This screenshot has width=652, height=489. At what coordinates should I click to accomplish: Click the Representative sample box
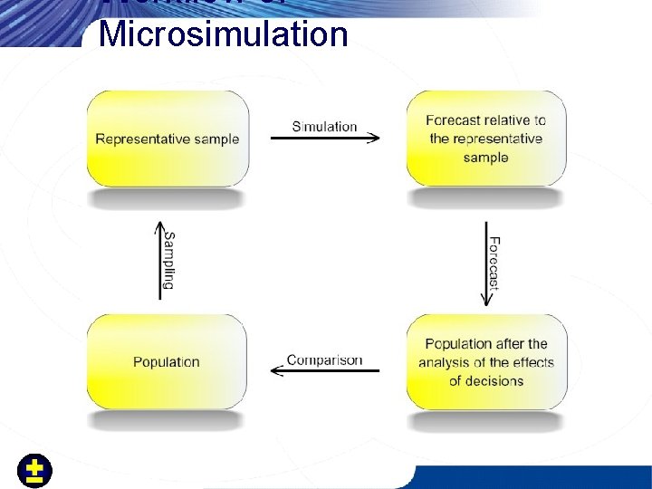tap(168, 139)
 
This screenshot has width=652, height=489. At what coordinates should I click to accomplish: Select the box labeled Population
tap(167, 362)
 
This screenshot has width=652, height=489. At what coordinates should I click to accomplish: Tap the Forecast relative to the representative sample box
tap(486, 139)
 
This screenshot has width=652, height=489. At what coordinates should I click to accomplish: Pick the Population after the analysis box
tap(486, 362)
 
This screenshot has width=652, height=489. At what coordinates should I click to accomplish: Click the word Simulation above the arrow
tap(324, 127)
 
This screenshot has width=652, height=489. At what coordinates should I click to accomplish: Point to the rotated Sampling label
tap(168, 260)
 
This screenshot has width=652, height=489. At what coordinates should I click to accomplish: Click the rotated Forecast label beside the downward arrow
tap(494, 263)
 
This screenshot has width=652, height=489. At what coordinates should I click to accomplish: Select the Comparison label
tap(324, 360)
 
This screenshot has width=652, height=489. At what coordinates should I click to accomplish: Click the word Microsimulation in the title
tap(223, 34)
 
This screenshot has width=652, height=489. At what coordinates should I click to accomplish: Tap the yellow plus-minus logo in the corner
tap(35, 471)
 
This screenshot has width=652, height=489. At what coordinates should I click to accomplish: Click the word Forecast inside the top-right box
tap(453, 120)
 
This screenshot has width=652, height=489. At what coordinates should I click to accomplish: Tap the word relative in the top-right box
tap(508, 120)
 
